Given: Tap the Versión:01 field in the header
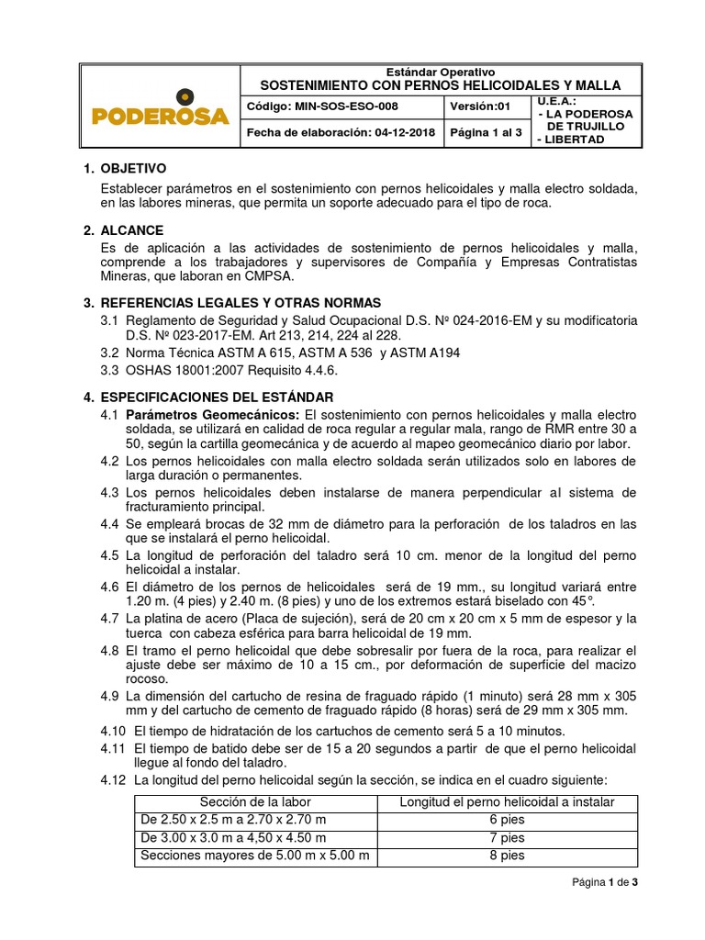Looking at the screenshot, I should (x=481, y=106).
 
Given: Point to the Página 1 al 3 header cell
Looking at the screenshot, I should (x=487, y=131).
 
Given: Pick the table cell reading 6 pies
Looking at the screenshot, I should (x=507, y=818).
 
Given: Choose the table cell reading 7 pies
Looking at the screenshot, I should (x=507, y=837).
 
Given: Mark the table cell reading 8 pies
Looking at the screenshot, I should (x=507, y=856).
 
